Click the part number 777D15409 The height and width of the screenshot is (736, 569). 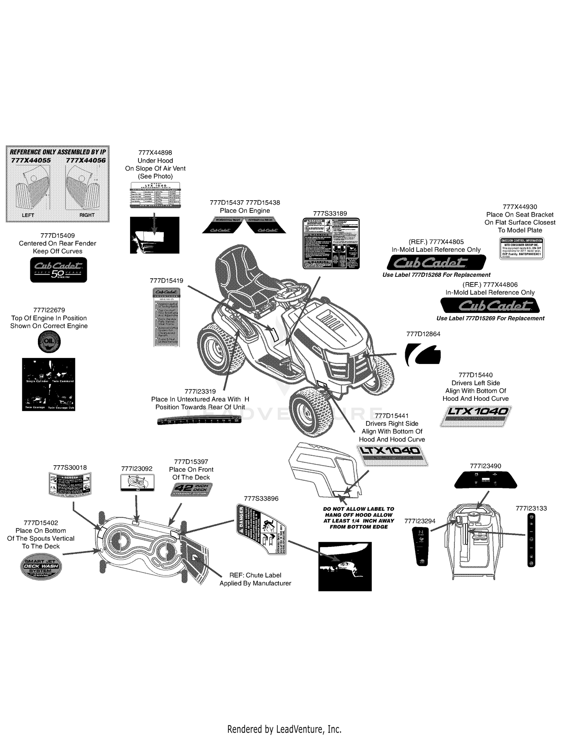pyautogui.click(x=57, y=235)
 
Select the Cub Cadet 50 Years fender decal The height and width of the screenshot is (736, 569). pyautogui.click(x=58, y=270)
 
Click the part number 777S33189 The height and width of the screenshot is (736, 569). pyautogui.click(x=330, y=213)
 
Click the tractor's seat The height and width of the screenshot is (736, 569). pyautogui.click(x=243, y=277)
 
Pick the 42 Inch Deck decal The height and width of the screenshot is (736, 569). pyautogui.click(x=192, y=490)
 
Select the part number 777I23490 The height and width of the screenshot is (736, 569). pyautogui.click(x=486, y=466)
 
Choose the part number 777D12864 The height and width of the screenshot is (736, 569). pyautogui.click(x=423, y=334)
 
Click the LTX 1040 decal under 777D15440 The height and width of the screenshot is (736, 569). pyautogui.click(x=476, y=416)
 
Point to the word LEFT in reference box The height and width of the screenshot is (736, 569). pyautogui.click(x=28, y=215)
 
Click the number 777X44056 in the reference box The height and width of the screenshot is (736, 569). pyautogui.click(x=85, y=160)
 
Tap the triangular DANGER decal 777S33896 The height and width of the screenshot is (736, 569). pyautogui.click(x=261, y=530)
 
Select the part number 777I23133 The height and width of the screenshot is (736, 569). pyautogui.click(x=531, y=508)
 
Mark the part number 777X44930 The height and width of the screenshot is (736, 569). pyautogui.click(x=520, y=207)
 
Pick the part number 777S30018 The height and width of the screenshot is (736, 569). pyautogui.click(x=70, y=468)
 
